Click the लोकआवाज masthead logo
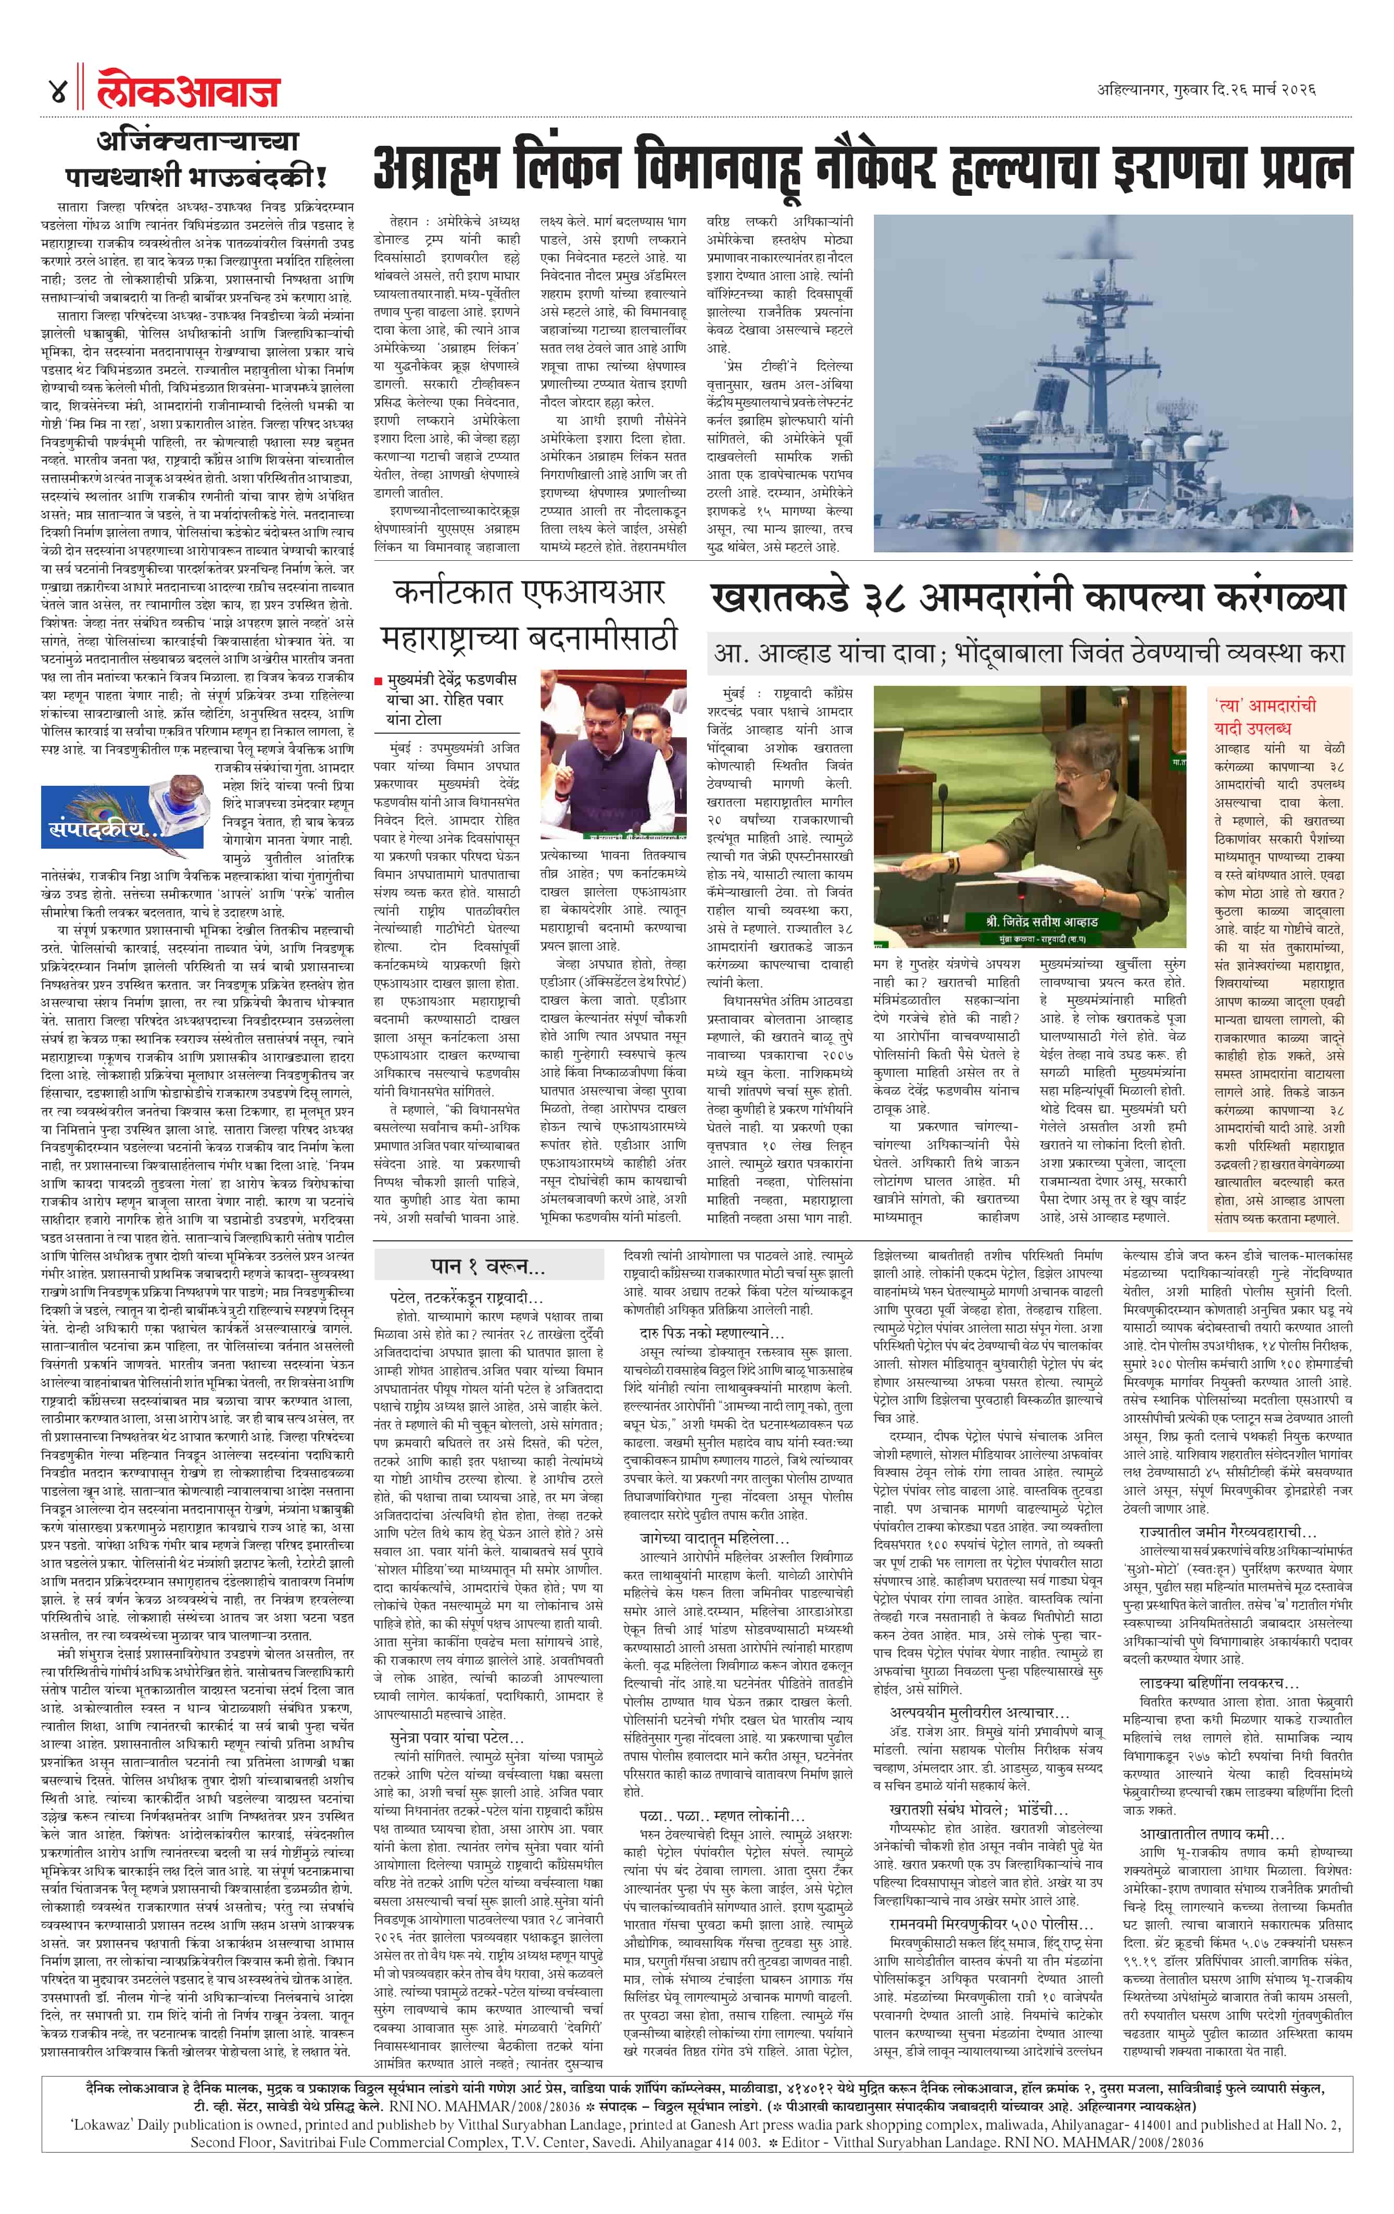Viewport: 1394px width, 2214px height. click(189, 92)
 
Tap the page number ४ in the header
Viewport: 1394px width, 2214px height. click(57, 92)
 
